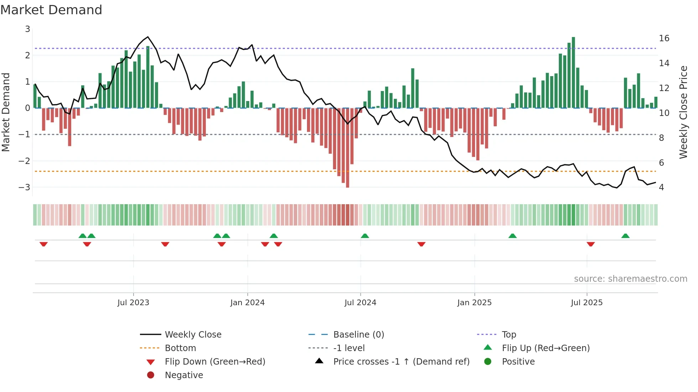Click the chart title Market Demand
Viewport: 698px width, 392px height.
(51, 10)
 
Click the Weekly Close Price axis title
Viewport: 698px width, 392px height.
(683, 112)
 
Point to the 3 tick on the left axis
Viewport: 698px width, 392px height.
(27, 29)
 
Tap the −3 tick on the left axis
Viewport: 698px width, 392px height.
(24, 187)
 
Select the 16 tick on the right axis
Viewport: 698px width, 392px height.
(664, 38)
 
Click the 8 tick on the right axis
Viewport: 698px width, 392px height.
(661, 138)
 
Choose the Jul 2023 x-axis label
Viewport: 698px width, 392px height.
(133, 303)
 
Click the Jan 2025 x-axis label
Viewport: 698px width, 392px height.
(474, 303)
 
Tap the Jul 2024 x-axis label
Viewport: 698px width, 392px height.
(360, 303)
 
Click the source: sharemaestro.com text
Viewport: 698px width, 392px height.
(630, 279)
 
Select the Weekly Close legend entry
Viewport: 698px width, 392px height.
(193, 335)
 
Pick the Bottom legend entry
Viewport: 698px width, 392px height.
(180, 348)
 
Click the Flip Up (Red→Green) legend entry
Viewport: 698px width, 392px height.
(545, 348)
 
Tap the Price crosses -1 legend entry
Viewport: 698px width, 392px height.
(401, 362)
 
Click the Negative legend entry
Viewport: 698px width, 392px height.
(184, 375)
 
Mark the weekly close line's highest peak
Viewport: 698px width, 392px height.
(148, 37)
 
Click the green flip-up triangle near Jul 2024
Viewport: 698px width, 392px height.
(365, 236)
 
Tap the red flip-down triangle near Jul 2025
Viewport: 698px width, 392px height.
(591, 244)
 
